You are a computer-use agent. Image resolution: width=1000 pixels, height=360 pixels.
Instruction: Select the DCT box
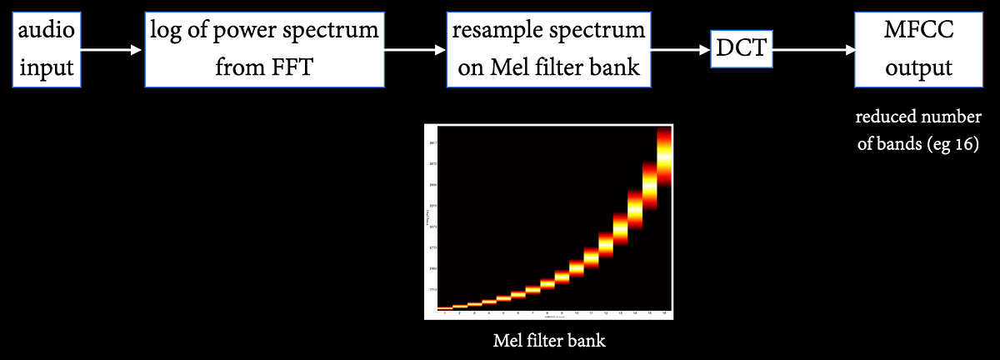pyautogui.click(x=742, y=49)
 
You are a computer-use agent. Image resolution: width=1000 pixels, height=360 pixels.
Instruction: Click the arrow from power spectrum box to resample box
pyautogui.click(x=414, y=50)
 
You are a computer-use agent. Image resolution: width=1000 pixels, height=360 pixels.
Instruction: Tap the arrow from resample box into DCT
pyautogui.click(x=680, y=50)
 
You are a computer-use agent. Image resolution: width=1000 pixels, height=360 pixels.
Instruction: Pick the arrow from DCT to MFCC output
pyautogui.click(x=812, y=50)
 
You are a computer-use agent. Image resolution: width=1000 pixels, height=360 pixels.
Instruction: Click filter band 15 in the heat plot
pyautogui.click(x=649, y=184)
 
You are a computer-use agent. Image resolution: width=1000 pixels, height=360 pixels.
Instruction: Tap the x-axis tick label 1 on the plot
pyautogui.click(x=445, y=314)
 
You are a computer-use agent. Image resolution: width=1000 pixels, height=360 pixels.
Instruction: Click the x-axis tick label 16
pyautogui.click(x=664, y=314)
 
